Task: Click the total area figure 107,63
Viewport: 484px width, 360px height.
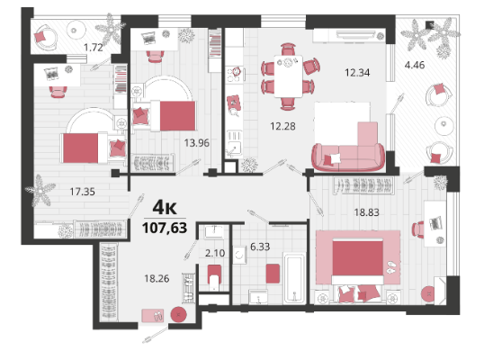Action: click(165, 228)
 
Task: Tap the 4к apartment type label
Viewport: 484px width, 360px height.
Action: click(165, 208)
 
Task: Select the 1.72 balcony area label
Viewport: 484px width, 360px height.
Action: click(94, 48)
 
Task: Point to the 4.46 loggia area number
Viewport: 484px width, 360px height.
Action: click(415, 65)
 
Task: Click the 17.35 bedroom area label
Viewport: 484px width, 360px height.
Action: click(82, 192)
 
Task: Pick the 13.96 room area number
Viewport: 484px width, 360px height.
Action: click(197, 143)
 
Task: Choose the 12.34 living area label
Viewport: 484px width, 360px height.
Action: click(357, 73)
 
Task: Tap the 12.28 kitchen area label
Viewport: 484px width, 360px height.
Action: click(282, 126)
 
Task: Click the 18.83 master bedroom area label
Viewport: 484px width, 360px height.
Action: click(366, 212)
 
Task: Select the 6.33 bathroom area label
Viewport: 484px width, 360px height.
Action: click(260, 247)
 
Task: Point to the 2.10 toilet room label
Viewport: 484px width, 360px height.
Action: click(215, 253)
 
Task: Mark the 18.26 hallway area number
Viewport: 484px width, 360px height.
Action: click(157, 278)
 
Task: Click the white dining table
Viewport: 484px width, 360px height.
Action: click(288, 76)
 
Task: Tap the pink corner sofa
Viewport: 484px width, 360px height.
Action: click(349, 148)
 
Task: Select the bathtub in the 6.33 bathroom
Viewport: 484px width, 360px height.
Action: click(294, 278)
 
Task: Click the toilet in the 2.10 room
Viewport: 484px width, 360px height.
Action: click(214, 277)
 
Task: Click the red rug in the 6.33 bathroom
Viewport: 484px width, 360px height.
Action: click(273, 274)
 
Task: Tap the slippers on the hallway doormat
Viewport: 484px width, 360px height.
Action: click(158, 316)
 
